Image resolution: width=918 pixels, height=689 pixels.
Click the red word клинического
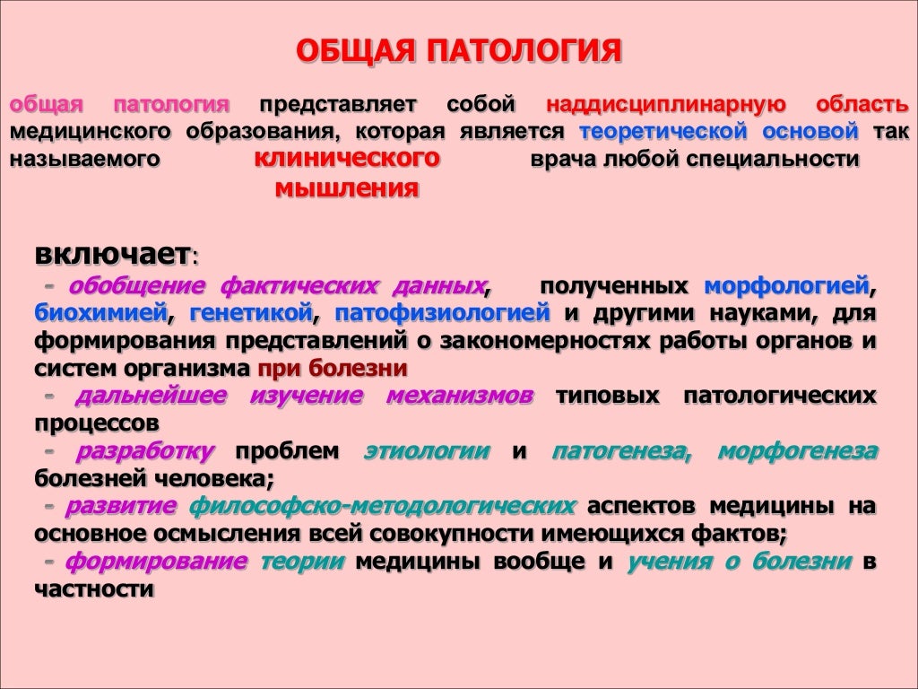tap(349, 160)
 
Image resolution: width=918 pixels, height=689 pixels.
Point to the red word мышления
tap(345, 188)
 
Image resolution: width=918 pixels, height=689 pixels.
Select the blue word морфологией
tap(786, 286)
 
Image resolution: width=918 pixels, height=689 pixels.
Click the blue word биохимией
tap(101, 314)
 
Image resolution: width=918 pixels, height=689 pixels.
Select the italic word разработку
tap(145, 451)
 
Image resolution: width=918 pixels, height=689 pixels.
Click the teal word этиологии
tap(427, 451)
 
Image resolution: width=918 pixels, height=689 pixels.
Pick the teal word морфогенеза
tap(797, 451)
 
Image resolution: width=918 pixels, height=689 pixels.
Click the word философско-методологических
tap(382, 507)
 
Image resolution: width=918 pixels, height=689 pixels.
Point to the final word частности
tap(94, 590)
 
